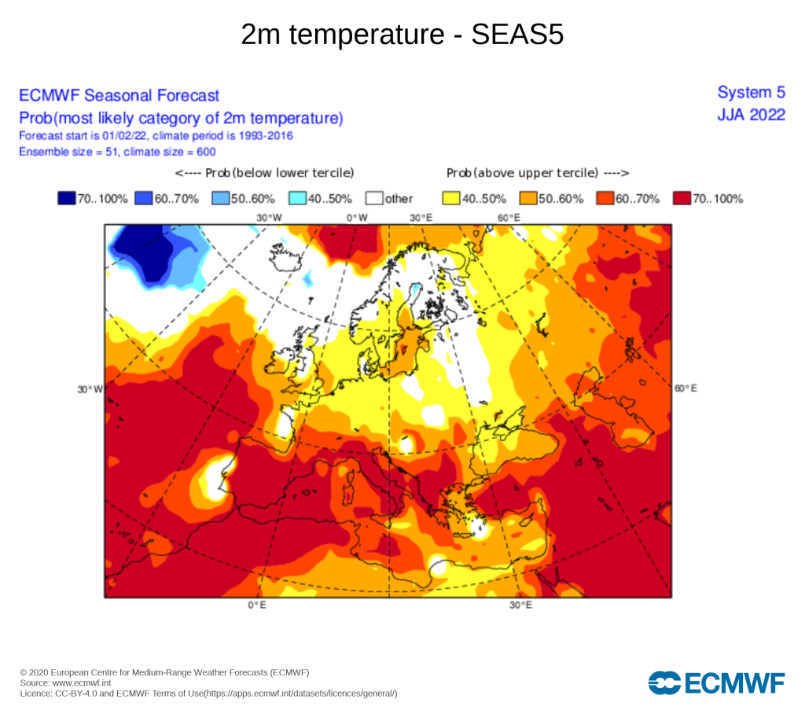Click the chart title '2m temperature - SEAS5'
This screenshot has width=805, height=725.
[402, 35]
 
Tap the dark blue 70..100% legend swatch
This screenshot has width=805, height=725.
[67, 198]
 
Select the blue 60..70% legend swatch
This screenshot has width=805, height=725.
[144, 198]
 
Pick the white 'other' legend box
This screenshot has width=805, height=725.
[374, 198]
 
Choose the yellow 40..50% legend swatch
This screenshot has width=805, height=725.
[451, 198]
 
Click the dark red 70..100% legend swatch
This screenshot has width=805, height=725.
[682, 198]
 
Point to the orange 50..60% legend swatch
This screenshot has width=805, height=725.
[528, 198]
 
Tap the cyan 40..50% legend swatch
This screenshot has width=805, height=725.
[298, 198]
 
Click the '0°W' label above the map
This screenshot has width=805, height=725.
[357, 218]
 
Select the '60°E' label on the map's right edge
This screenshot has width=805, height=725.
[686, 388]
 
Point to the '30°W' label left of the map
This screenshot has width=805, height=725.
[90, 389]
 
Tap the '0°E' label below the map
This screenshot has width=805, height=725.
[257, 605]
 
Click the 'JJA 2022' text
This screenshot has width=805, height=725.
[751, 115]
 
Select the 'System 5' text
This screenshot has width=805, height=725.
[751, 93]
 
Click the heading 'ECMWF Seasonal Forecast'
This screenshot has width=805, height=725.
[119, 95]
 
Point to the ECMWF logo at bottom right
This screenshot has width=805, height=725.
[717, 683]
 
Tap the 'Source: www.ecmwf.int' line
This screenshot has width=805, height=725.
[65, 683]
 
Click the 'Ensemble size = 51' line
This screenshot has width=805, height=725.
[117, 152]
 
